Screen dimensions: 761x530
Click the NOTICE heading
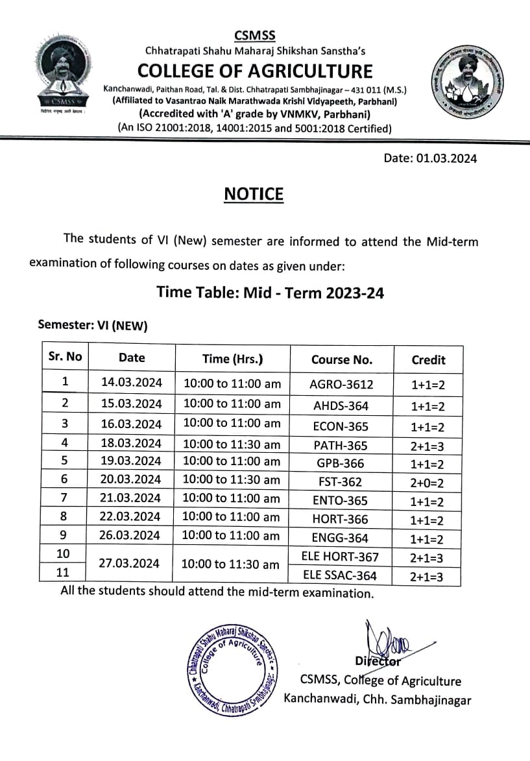coord(254,194)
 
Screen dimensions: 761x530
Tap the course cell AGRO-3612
coord(341,384)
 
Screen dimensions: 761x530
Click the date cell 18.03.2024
coord(131,444)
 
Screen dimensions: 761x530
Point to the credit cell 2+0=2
coord(428,483)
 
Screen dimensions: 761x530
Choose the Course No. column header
coord(341,359)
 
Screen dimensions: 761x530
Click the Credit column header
coord(428,359)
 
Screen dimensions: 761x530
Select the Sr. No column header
coord(66,357)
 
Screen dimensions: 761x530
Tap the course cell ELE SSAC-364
coord(340,575)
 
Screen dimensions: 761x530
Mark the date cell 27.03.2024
coord(129,563)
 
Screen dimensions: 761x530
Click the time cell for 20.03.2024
coord(232,480)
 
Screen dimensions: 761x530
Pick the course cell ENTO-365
coord(340,500)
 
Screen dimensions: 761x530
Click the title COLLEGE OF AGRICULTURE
coord(254,71)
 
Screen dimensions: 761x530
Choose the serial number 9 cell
coord(65,535)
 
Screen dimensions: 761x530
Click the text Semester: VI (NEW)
coord(93,326)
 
